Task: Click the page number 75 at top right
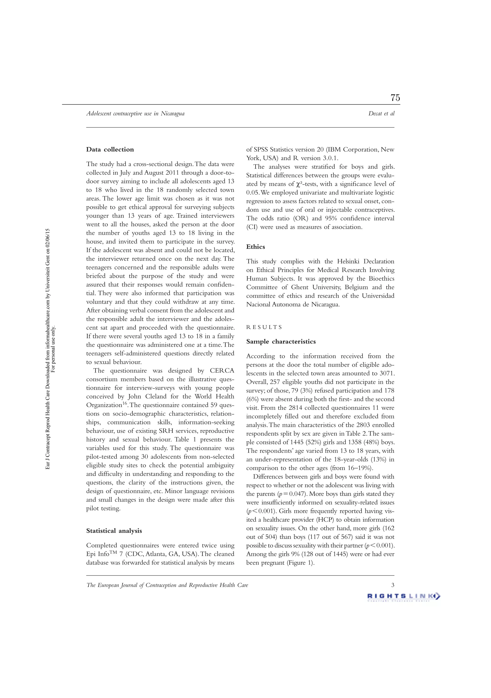tap(395, 98)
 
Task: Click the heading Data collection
tap(110, 149)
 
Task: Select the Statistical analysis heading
tap(114, 531)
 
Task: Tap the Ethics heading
tap(256, 247)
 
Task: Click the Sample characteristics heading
tap(281, 342)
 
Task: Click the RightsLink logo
tap(403, 597)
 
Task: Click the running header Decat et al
tap(381, 114)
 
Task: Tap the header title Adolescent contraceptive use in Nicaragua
tap(135, 114)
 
